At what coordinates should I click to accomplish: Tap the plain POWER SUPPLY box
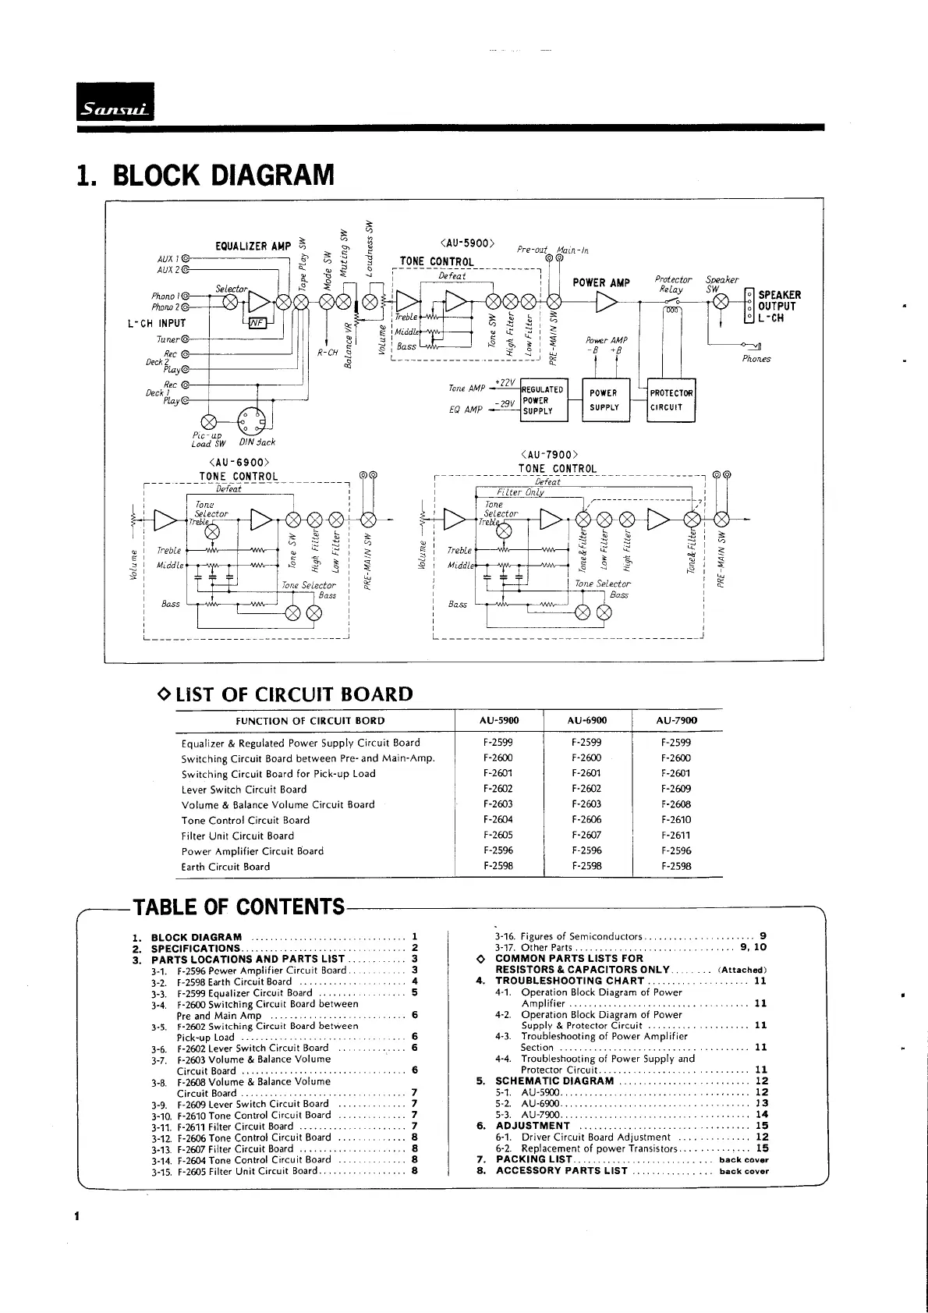[x=604, y=400]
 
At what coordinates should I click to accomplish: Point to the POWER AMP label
[x=601, y=282]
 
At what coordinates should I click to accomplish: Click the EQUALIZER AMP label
[x=253, y=247]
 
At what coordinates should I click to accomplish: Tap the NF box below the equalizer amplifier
[x=257, y=325]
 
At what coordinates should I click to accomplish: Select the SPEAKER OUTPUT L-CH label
[x=779, y=307]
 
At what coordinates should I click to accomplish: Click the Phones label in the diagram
[x=756, y=359]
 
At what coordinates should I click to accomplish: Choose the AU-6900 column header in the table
[x=586, y=721]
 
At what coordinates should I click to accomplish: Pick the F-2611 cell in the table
[x=675, y=836]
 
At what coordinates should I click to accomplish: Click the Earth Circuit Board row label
[x=225, y=867]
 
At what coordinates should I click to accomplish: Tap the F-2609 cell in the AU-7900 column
[x=675, y=789]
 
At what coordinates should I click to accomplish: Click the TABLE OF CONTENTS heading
[x=239, y=907]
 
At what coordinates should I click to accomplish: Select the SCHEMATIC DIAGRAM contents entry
[x=554, y=1081]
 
